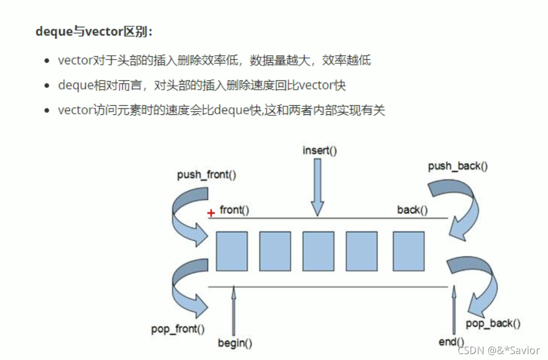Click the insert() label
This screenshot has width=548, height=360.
320,150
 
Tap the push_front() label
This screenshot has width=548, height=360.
206,175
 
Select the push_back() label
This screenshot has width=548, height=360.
458,166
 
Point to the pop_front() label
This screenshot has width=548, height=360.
177,328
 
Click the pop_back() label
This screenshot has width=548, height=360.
493,323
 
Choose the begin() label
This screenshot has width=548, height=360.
235,342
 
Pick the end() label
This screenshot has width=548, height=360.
451,342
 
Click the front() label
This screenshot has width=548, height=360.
234,210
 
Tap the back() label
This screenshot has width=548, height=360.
412,210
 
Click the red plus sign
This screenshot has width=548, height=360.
211,213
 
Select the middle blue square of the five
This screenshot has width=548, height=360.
318,251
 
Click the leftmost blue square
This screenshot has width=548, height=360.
232,251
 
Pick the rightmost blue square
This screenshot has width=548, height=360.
408,251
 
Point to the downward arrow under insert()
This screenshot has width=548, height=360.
317,188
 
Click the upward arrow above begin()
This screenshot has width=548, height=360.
233,311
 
